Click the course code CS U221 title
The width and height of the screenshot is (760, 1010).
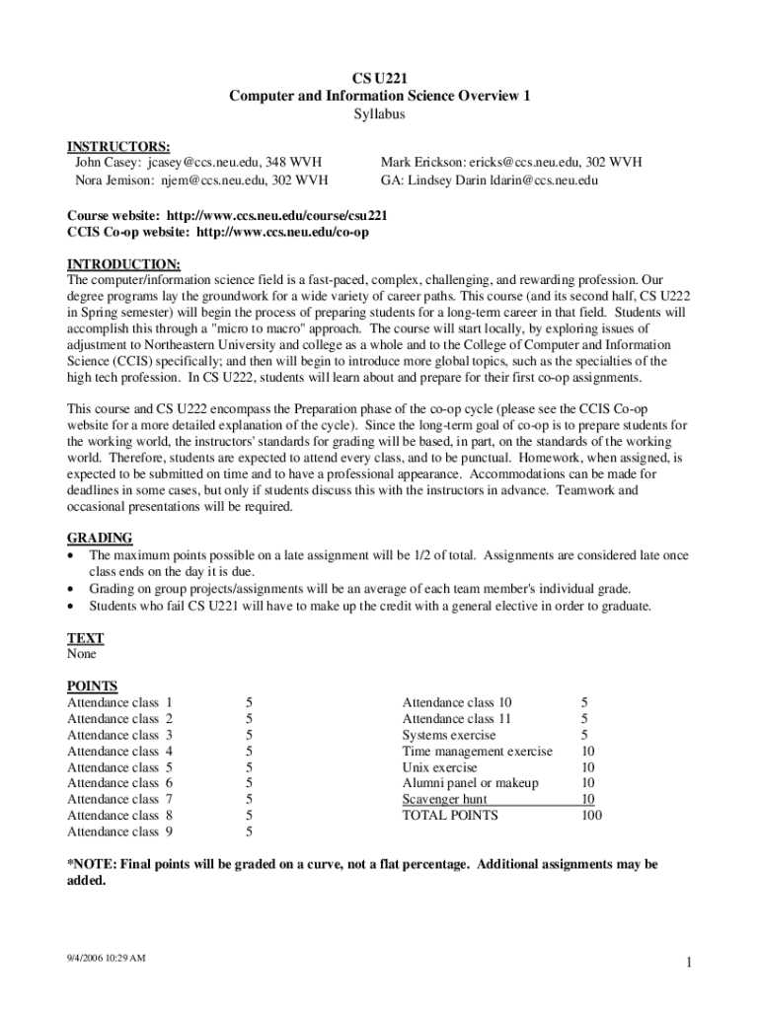380,78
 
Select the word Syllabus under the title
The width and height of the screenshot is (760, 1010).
380,113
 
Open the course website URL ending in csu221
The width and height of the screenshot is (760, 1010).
277,215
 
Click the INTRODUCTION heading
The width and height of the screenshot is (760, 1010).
123,264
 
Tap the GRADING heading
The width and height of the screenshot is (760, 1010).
100,538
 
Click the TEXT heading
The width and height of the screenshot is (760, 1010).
85,638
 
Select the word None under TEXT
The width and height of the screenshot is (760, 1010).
82,653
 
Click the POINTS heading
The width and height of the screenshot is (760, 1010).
92,686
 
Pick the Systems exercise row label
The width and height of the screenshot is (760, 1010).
449,735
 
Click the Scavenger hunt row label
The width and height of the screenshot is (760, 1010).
444,799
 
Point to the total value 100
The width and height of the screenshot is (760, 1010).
590,815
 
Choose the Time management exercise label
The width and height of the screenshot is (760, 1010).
477,751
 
